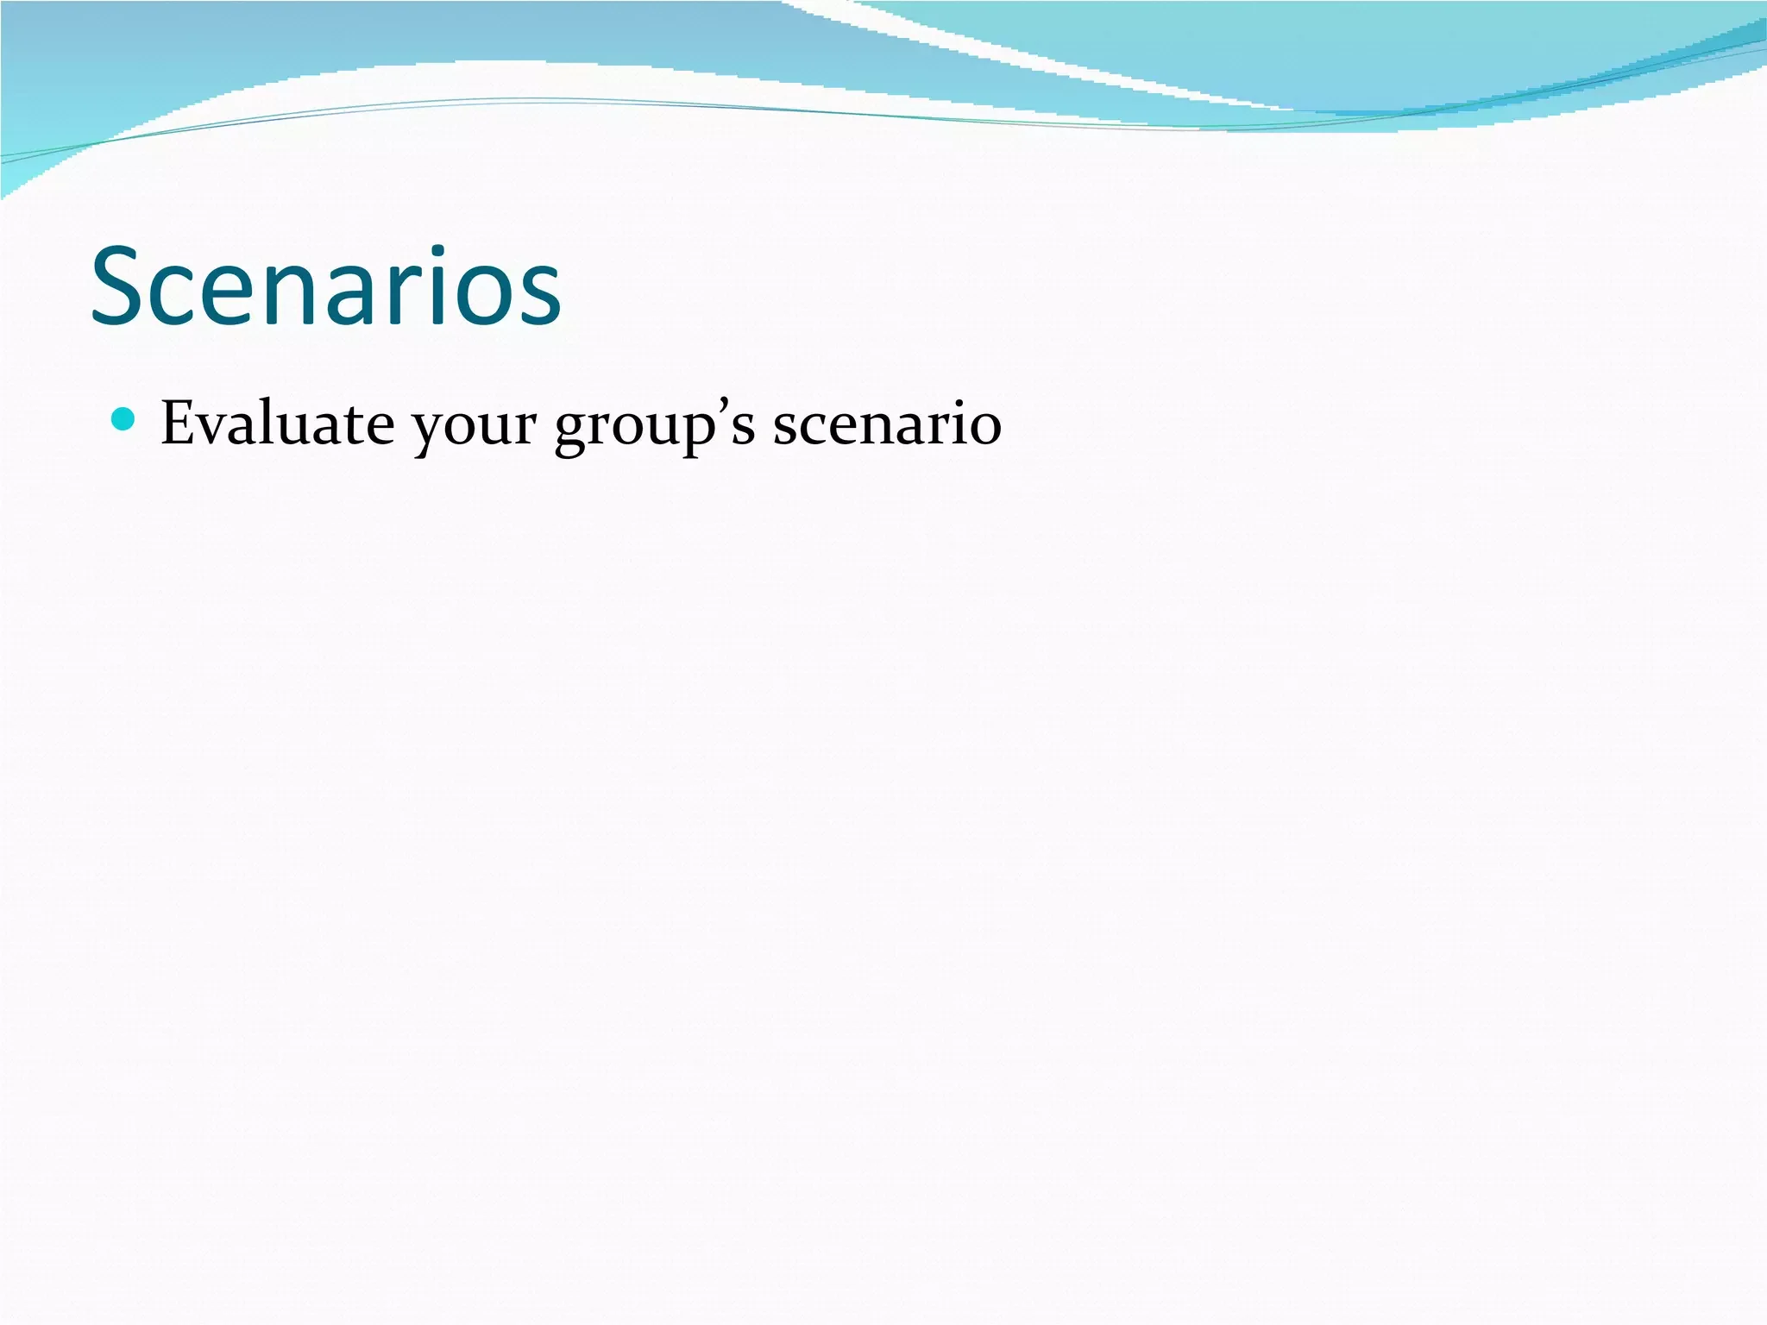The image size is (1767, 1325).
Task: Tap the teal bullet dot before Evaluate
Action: pos(124,419)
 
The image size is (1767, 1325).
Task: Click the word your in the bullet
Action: pos(473,427)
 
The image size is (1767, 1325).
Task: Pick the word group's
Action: pos(655,427)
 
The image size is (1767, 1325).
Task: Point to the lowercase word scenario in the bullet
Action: pos(886,424)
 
